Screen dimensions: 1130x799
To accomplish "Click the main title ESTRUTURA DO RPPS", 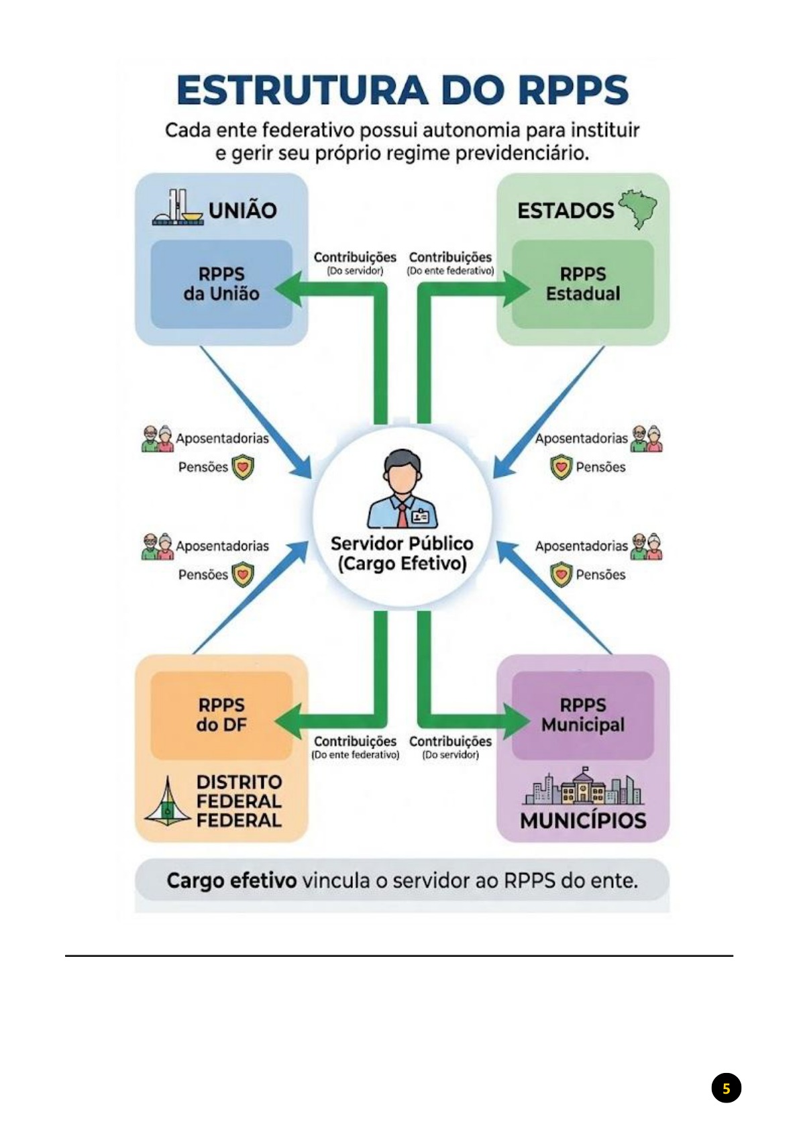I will (402, 91).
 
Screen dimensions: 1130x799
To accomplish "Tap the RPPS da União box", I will (221, 284).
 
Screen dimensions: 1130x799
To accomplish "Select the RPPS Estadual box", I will (582, 284).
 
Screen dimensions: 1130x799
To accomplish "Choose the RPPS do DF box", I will (221, 715).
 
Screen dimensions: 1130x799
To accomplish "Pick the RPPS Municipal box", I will (582, 715).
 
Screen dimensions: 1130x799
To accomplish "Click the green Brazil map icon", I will (638, 208).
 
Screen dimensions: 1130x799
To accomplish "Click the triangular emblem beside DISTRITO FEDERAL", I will (167, 802).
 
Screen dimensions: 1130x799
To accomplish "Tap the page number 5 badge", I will (726, 1088).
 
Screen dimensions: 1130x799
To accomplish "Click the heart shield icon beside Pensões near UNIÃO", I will (243, 467).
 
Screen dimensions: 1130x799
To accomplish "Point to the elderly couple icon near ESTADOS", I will (647, 438).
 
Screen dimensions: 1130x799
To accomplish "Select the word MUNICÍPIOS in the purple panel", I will (582, 821).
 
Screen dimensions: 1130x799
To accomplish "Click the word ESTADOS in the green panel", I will (565, 211).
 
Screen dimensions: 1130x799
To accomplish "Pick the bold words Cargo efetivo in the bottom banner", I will (231, 880).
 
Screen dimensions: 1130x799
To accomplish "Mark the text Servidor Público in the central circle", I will (402, 544).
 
